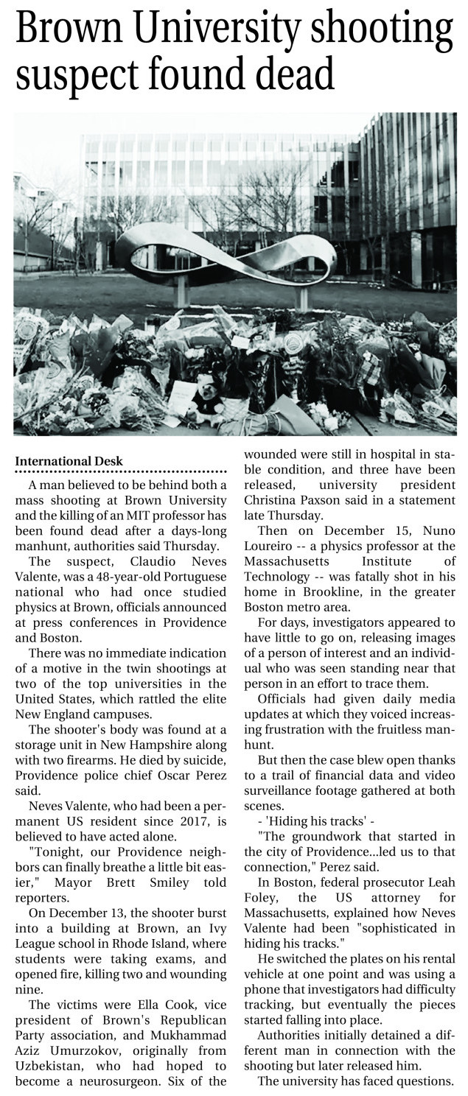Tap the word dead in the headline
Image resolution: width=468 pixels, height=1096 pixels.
(293, 77)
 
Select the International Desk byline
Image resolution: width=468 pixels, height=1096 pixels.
(69, 461)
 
